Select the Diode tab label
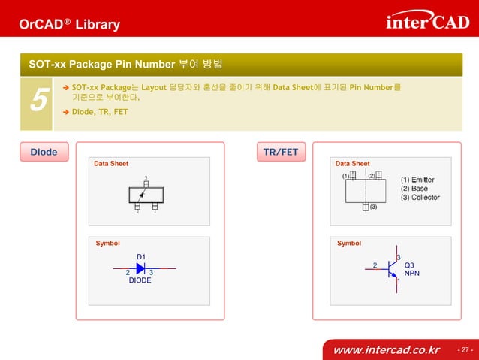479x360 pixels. point(44,152)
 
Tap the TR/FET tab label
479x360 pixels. point(280,152)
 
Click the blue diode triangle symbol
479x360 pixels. point(140,268)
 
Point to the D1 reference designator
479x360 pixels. point(140,256)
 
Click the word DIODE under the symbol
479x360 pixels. point(140,280)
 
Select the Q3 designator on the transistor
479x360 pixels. point(409,265)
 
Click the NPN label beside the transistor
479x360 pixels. point(411,274)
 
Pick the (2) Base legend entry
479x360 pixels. point(414,189)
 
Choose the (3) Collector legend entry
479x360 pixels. point(420,198)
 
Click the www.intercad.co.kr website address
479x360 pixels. point(386,350)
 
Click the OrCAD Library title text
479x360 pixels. point(69,25)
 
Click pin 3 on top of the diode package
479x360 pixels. point(146,179)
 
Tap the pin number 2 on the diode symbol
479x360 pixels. point(128,272)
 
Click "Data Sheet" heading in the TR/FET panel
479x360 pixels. point(352,163)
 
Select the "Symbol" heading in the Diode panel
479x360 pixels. point(107,244)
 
